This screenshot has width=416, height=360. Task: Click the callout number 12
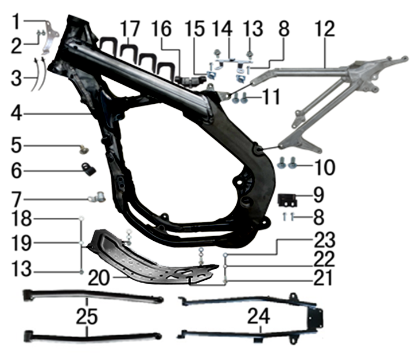click(325, 29)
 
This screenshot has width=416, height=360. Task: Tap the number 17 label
click(130, 29)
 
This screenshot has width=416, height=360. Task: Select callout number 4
click(16, 114)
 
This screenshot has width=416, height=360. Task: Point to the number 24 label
click(258, 316)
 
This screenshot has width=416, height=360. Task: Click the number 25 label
click(87, 316)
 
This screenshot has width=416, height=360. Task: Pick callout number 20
click(99, 278)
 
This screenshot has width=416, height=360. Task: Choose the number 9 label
click(318, 195)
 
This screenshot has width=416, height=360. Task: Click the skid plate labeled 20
click(153, 257)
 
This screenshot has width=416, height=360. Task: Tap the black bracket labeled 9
click(287, 201)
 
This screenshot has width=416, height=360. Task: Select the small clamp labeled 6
click(88, 169)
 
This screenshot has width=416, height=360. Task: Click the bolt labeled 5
click(84, 149)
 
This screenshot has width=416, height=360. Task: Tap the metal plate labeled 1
click(50, 37)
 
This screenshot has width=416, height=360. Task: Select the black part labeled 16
click(190, 79)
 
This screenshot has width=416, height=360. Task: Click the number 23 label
click(325, 240)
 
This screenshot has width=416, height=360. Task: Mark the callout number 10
click(325, 167)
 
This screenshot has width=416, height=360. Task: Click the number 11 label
click(271, 97)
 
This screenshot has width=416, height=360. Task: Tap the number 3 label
click(16, 79)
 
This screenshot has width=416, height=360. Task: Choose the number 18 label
click(21, 219)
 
